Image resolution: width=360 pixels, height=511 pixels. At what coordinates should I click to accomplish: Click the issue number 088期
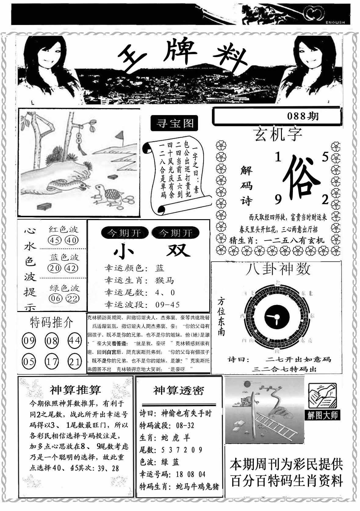pyautogui.click(x=303, y=116)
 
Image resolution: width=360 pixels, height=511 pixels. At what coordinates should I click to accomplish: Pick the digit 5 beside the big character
pyautogui.click(x=325, y=157)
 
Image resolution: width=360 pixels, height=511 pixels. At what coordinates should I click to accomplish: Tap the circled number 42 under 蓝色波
pyautogui.click(x=72, y=268)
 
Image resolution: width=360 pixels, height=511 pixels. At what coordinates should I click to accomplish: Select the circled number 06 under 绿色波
pyautogui.click(x=55, y=298)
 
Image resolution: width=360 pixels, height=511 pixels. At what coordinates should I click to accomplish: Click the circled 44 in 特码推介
pyautogui.click(x=74, y=340)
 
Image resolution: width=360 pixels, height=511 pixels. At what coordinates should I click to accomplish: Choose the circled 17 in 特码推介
pyautogui.click(x=52, y=362)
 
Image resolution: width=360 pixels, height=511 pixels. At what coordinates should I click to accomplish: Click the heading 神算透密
pyautogui.click(x=179, y=390)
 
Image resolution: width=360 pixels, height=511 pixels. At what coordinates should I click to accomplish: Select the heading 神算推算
pyautogui.click(x=75, y=390)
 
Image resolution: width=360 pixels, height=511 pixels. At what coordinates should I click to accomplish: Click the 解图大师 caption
pyautogui.click(x=323, y=415)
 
